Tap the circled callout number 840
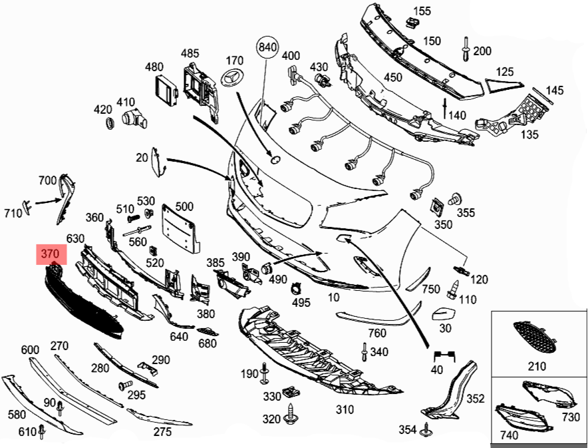point(266,47)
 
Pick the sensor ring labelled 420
point(110,124)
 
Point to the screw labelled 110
point(452,289)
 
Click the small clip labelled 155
point(412,23)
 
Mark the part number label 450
point(393,77)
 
